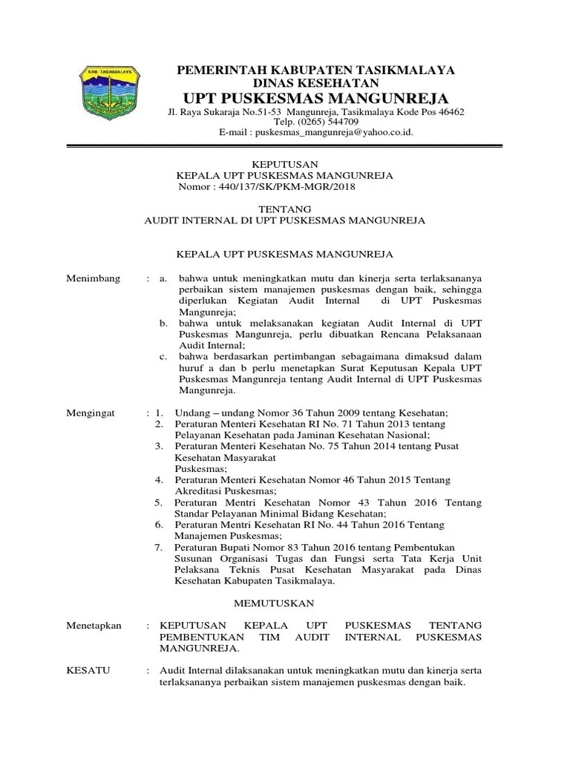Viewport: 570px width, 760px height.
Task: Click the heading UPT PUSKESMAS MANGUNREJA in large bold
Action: [315, 99]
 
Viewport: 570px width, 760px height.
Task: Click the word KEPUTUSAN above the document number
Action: [285, 165]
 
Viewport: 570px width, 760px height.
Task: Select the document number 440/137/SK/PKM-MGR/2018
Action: [286, 187]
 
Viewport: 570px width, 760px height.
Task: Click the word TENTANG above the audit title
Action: [285, 209]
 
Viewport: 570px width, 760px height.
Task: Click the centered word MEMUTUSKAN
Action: [275, 603]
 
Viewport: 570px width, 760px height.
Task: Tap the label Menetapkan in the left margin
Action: [94, 626]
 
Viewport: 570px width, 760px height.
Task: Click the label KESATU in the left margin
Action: [88, 670]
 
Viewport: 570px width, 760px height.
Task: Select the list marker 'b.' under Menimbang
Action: [164, 324]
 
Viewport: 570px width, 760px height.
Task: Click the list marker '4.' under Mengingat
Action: [158, 479]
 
